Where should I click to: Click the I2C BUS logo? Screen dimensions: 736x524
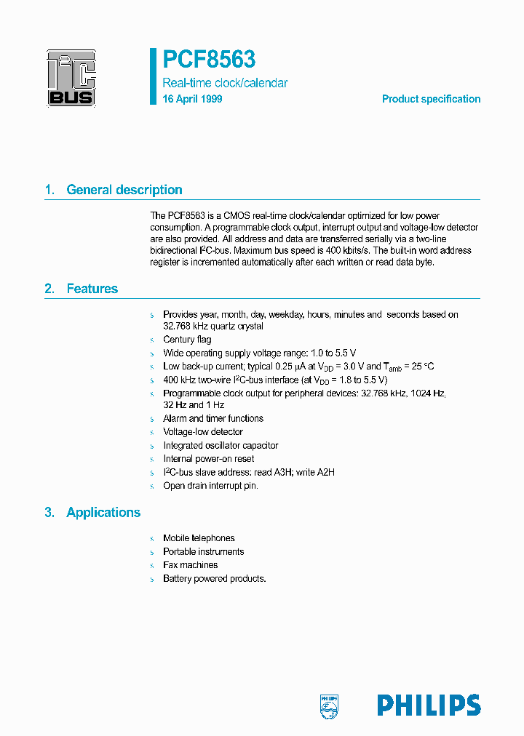(x=71, y=78)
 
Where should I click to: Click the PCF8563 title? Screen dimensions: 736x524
(x=209, y=58)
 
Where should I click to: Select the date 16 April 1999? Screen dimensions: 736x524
(x=193, y=99)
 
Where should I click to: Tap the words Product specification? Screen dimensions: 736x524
(x=431, y=99)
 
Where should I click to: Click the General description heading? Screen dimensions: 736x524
(x=124, y=190)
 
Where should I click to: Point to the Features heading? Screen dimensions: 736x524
(x=92, y=289)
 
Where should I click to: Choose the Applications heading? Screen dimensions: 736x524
(x=103, y=513)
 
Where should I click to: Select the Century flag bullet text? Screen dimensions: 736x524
(x=187, y=340)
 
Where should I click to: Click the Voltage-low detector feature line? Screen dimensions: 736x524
(x=203, y=432)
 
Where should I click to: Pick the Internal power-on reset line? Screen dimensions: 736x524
(x=209, y=459)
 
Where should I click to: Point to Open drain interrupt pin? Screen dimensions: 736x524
(x=210, y=486)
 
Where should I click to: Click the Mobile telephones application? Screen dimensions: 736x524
(x=199, y=538)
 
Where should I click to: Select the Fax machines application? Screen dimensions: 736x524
(x=190, y=565)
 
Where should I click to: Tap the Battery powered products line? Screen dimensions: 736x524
(x=214, y=579)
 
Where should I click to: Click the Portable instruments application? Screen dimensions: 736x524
(x=203, y=552)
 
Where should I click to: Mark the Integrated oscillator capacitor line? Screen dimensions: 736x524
(x=221, y=446)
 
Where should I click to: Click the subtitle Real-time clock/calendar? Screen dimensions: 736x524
(x=225, y=83)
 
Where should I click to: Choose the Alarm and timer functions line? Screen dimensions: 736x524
(x=213, y=419)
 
